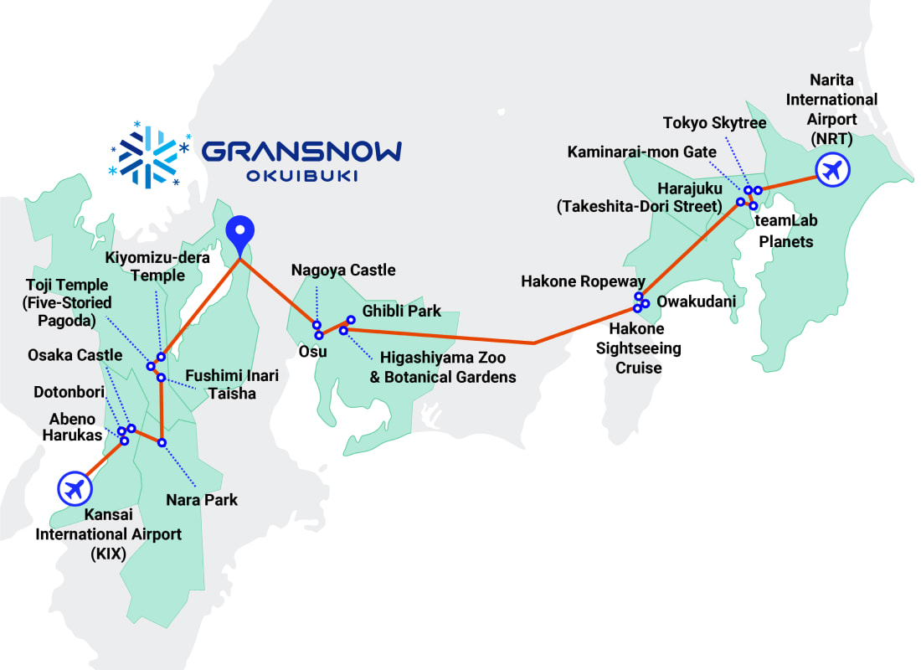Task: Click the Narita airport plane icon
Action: [832, 171]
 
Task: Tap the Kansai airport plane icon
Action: [75, 487]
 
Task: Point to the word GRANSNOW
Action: [301, 151]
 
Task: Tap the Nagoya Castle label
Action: [343, 271]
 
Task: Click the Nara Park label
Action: [201, 500]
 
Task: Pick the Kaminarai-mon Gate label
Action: [642, 152]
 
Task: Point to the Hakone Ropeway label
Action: [584, 281]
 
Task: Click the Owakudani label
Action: [697, 301]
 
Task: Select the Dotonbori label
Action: [71, 392]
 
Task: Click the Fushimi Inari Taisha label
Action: [232, 384]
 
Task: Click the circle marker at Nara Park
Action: [162, 442]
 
